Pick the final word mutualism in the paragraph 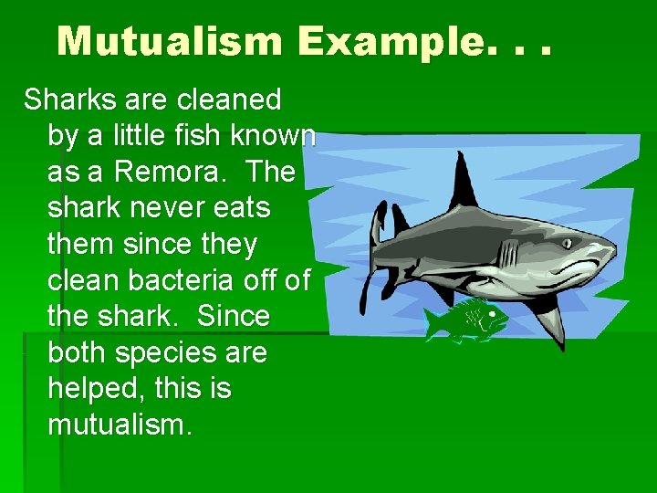pyautogui.click(x=119, y=425)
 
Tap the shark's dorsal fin pyautogui.click(x=464, y=183)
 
